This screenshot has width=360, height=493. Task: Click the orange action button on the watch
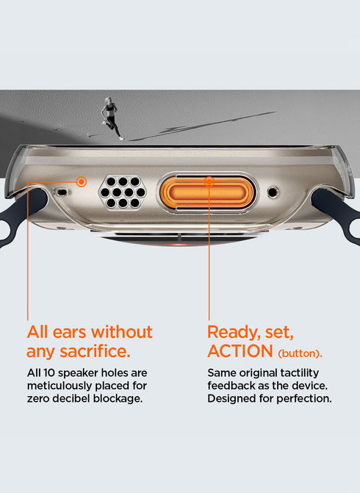[207, 192]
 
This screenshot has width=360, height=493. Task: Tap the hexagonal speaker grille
[123, 192]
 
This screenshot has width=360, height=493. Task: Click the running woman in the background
[111, 118]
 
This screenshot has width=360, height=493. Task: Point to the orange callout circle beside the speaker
[82, 181]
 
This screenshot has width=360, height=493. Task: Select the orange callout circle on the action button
[209, 181]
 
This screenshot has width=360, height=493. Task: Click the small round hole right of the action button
[273, 192]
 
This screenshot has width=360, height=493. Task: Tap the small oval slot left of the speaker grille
[62, 192]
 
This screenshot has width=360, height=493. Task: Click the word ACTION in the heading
[240, 351]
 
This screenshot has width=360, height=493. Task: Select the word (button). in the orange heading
[300, 353]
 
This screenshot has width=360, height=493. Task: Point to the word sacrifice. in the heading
[95, 351]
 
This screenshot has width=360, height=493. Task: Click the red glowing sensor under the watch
[179, 243]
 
